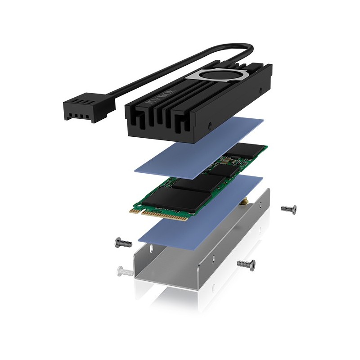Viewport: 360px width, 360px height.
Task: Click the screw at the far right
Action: click(288, 209)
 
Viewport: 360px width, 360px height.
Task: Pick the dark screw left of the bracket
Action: click(123, 243)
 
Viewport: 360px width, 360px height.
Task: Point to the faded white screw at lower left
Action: click(124, 271)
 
